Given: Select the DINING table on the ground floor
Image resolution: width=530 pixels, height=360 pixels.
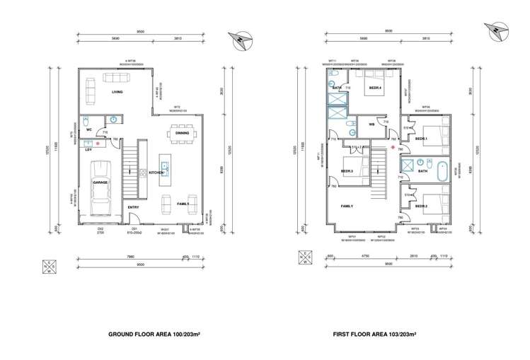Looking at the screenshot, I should click(x=181, y=132).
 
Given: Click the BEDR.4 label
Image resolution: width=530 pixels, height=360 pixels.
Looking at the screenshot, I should click(x=374, y=88).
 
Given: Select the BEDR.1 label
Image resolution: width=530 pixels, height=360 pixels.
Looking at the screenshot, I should click(x=421, y=138).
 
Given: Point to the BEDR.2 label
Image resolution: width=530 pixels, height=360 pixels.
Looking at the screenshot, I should click(x=421, y=206).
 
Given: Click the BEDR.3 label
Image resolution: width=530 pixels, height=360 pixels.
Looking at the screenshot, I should click(x=347, y=171).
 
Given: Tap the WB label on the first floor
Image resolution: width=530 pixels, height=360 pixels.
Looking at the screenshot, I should click(x=371, y=124).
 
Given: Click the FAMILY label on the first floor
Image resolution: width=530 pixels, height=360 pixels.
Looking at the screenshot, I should click(x=347, y=207).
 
